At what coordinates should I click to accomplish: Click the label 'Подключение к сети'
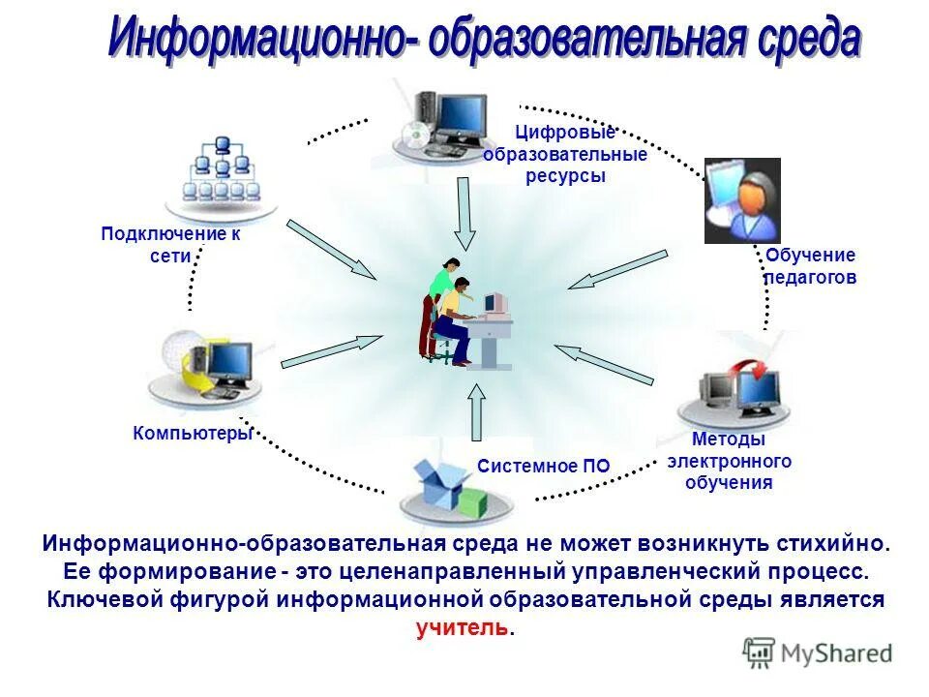(x=171, y=244)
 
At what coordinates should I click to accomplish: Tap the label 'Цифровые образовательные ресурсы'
(x=566, y=155)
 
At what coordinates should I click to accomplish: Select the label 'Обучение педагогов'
(x=811, y=266)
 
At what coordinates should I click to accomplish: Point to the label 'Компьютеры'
(x=193, y=433)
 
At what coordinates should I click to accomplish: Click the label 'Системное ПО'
(x=544, y=466)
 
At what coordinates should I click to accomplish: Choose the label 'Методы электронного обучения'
(x=729, y=460)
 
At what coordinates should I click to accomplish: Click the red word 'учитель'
(x=463, y=628)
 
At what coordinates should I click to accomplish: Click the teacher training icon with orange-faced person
(x=742, y=199)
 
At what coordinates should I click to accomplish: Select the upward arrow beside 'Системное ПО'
(x=476, y=410)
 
